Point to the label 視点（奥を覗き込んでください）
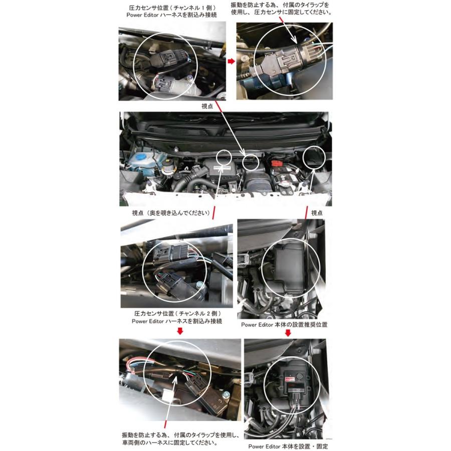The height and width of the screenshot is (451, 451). point(170,212)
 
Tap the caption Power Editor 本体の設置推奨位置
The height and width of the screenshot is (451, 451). point(284,325)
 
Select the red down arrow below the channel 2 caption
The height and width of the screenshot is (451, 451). point(180,331)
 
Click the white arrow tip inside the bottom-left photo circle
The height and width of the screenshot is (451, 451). point(177,379)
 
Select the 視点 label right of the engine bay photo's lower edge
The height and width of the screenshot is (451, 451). point(317,212)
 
